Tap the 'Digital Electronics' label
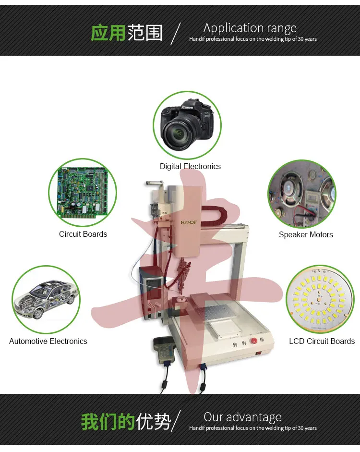(190, 166)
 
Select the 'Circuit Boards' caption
(83, 234)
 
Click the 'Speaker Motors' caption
(306, 235)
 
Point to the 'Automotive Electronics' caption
(48, 342)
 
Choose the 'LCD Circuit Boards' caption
(322, 342)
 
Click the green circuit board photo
(83, 193)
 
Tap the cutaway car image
(47, 299)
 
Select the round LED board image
(320, 299)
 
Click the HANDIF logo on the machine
(189, 222)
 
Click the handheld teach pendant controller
(163, 350)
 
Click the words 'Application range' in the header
(250, 28)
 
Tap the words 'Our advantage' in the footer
(242, 417)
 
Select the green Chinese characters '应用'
(108, 33)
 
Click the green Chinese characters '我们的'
(108, 422)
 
